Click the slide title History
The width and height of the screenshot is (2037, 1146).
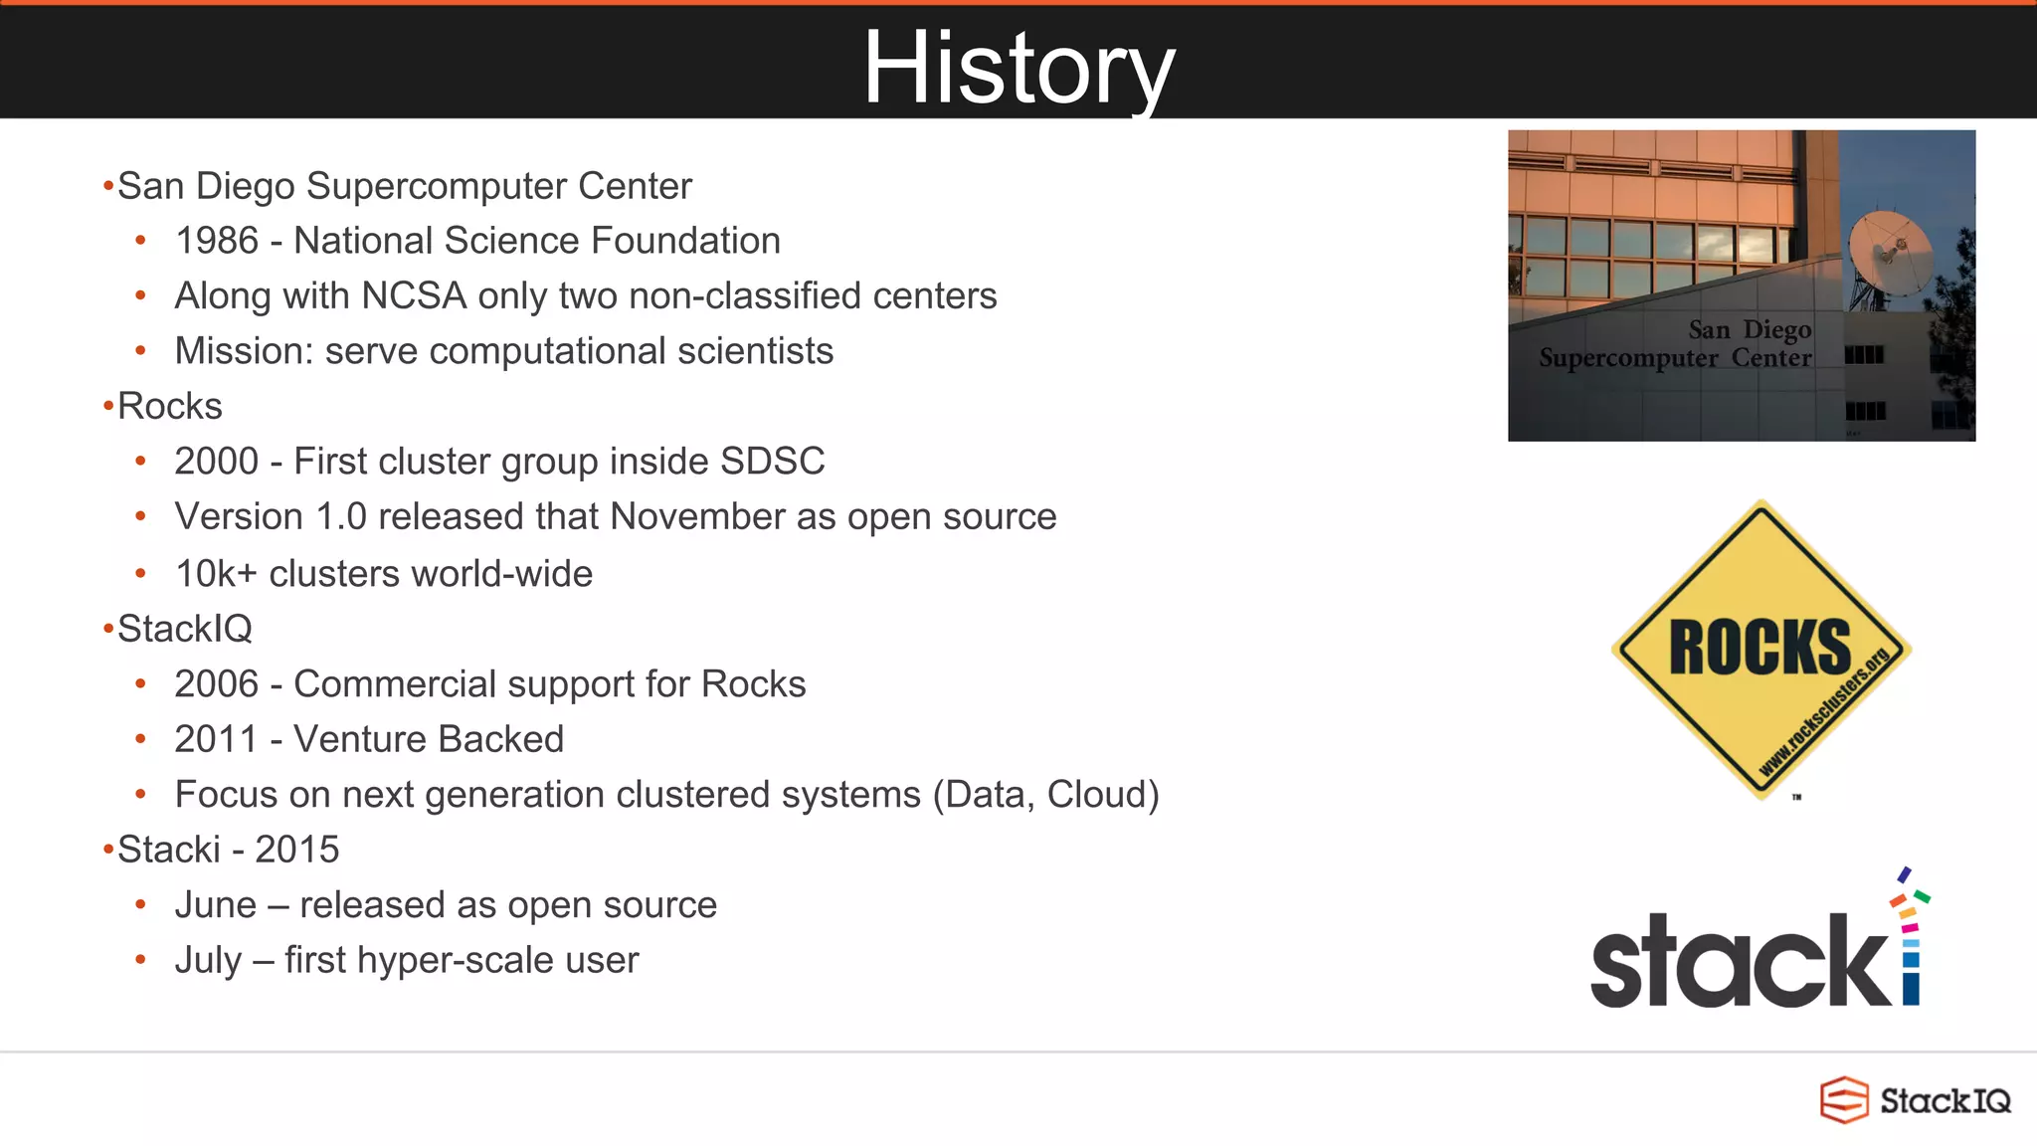click(x=1018, y=68)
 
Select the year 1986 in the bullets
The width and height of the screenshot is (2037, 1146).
click(x=216, y=241)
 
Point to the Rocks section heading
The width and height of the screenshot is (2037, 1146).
click(x=169, y=407)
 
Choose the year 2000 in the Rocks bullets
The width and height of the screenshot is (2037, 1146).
click(x=216, y=462)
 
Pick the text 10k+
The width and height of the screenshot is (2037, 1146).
click(x=216, y=574)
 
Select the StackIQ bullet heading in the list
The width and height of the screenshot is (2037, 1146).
click(x=184, y=629)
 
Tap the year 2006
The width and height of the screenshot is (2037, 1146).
click(x=216, y=684)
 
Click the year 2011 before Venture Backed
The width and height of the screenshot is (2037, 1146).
click(x=216, y=740)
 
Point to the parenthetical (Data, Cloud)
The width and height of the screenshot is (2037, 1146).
click(x=1045, y=795)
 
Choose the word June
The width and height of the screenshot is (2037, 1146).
click(x=216, y=905)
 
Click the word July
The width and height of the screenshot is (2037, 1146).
click(x=208, y=961)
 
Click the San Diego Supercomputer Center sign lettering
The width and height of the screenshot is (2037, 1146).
click(x=1676, y=344)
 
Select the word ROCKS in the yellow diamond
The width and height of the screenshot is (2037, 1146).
click(x=1759, y=648)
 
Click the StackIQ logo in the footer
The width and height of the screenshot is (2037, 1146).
click(x=1915, y=1100)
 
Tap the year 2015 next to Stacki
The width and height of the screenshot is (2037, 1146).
click(x=296, y=851)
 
